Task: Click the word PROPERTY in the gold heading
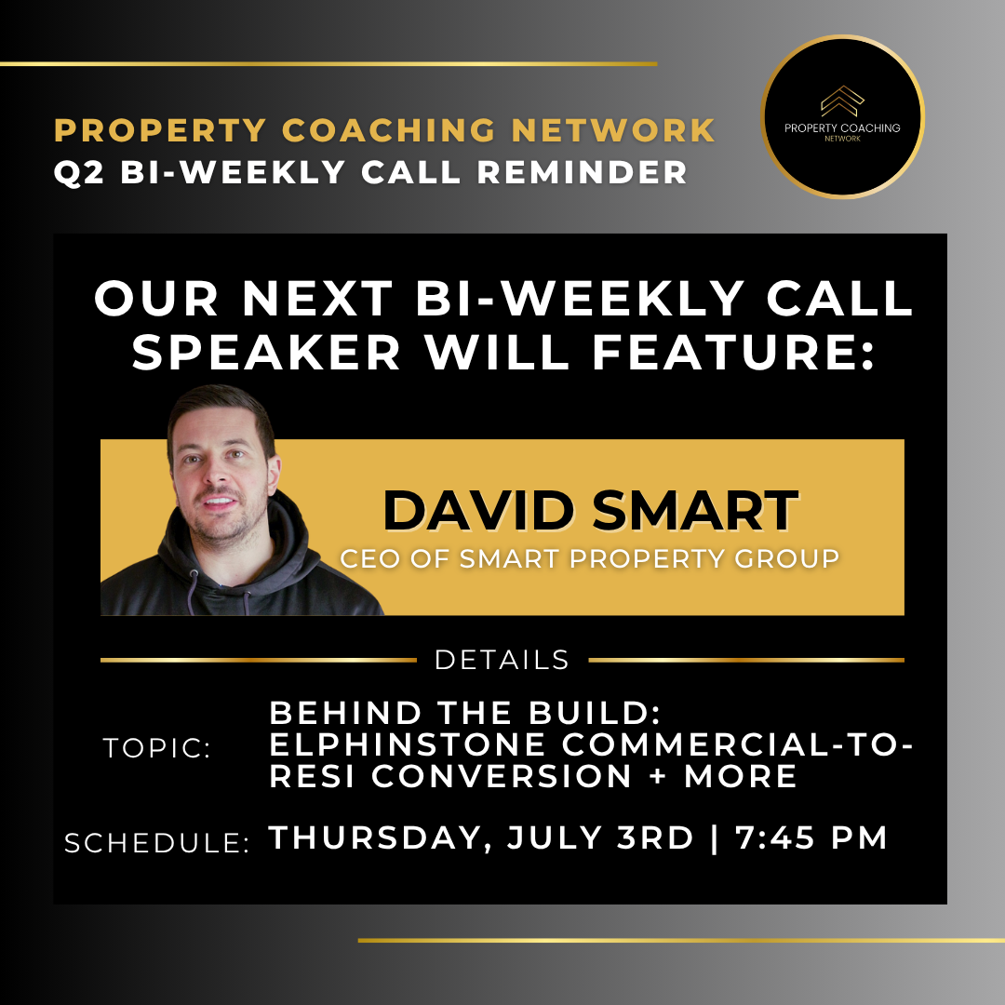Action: (160, 130)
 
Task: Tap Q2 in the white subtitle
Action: (79, 172)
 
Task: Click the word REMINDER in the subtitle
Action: (583, 172)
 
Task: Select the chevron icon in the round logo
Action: (842, 100)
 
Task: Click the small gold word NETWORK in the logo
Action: (842, 139)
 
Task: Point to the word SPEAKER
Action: (267, 352)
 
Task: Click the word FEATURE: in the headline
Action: (733, 352)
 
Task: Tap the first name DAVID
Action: (478, 511)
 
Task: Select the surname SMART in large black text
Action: (695, 511)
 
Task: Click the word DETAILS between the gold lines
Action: (502, 660)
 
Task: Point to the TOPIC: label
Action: (157, 748)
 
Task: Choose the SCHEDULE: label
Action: (157, 843)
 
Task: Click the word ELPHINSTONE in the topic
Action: (408, 744)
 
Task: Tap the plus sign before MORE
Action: (658, 776)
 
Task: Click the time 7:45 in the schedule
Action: (775, 837)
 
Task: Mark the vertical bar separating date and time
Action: (715, 838)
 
